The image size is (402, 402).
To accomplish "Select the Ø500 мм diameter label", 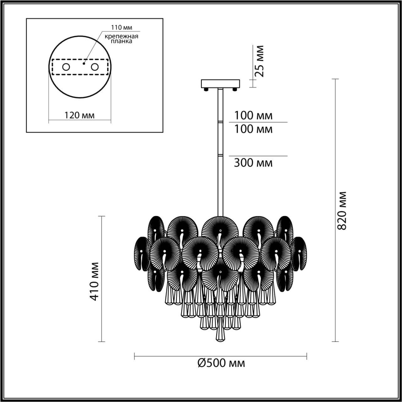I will [x=221, y=363].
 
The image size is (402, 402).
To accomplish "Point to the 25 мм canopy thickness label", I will [x=259, y=61].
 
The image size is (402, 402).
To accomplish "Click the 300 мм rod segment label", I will [x=253, y=163].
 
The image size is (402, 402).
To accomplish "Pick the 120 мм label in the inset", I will [x=79, y=115].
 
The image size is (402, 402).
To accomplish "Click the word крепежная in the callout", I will [x=121, y=36].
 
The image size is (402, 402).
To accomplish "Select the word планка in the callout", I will [x=121, y=41].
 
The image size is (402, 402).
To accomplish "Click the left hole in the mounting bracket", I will [x=66, y=67].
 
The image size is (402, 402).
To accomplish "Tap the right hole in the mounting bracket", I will [x=94, y=67].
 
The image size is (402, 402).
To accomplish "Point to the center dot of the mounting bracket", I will [x=83, y=63].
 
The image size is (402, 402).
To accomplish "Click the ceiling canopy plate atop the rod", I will [x=220, y=84].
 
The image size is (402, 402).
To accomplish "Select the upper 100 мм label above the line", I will [x=253, y=116].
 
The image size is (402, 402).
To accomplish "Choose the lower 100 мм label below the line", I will [x=253, y=129].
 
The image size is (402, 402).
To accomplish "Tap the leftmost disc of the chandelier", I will [x=142, y=254].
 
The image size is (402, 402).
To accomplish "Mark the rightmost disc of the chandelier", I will [x=299, y=254].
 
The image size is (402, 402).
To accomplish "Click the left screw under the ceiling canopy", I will [x=206, y=89].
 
